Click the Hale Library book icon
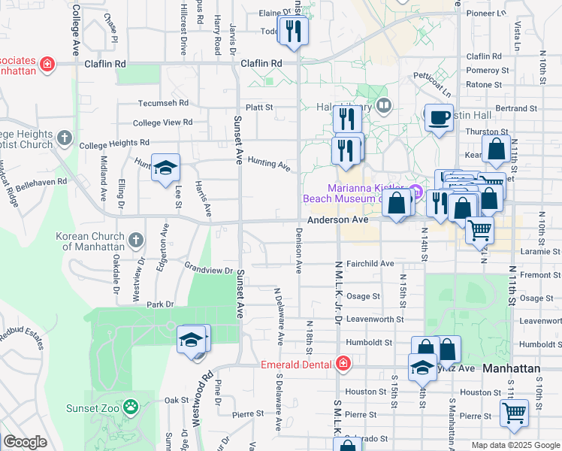tap(384, 104)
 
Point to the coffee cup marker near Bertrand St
tap(439, 118)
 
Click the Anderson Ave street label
tap(337, 220)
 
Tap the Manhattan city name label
tap(512, 369)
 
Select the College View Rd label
tap(162, 123)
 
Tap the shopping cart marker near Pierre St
tap(514, 413)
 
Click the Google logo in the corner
tap(25, 442)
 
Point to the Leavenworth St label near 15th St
tap(375, 319)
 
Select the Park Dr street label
tap(160, 304)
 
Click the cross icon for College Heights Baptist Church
tap(65, 138)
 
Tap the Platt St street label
tap(259, 107)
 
